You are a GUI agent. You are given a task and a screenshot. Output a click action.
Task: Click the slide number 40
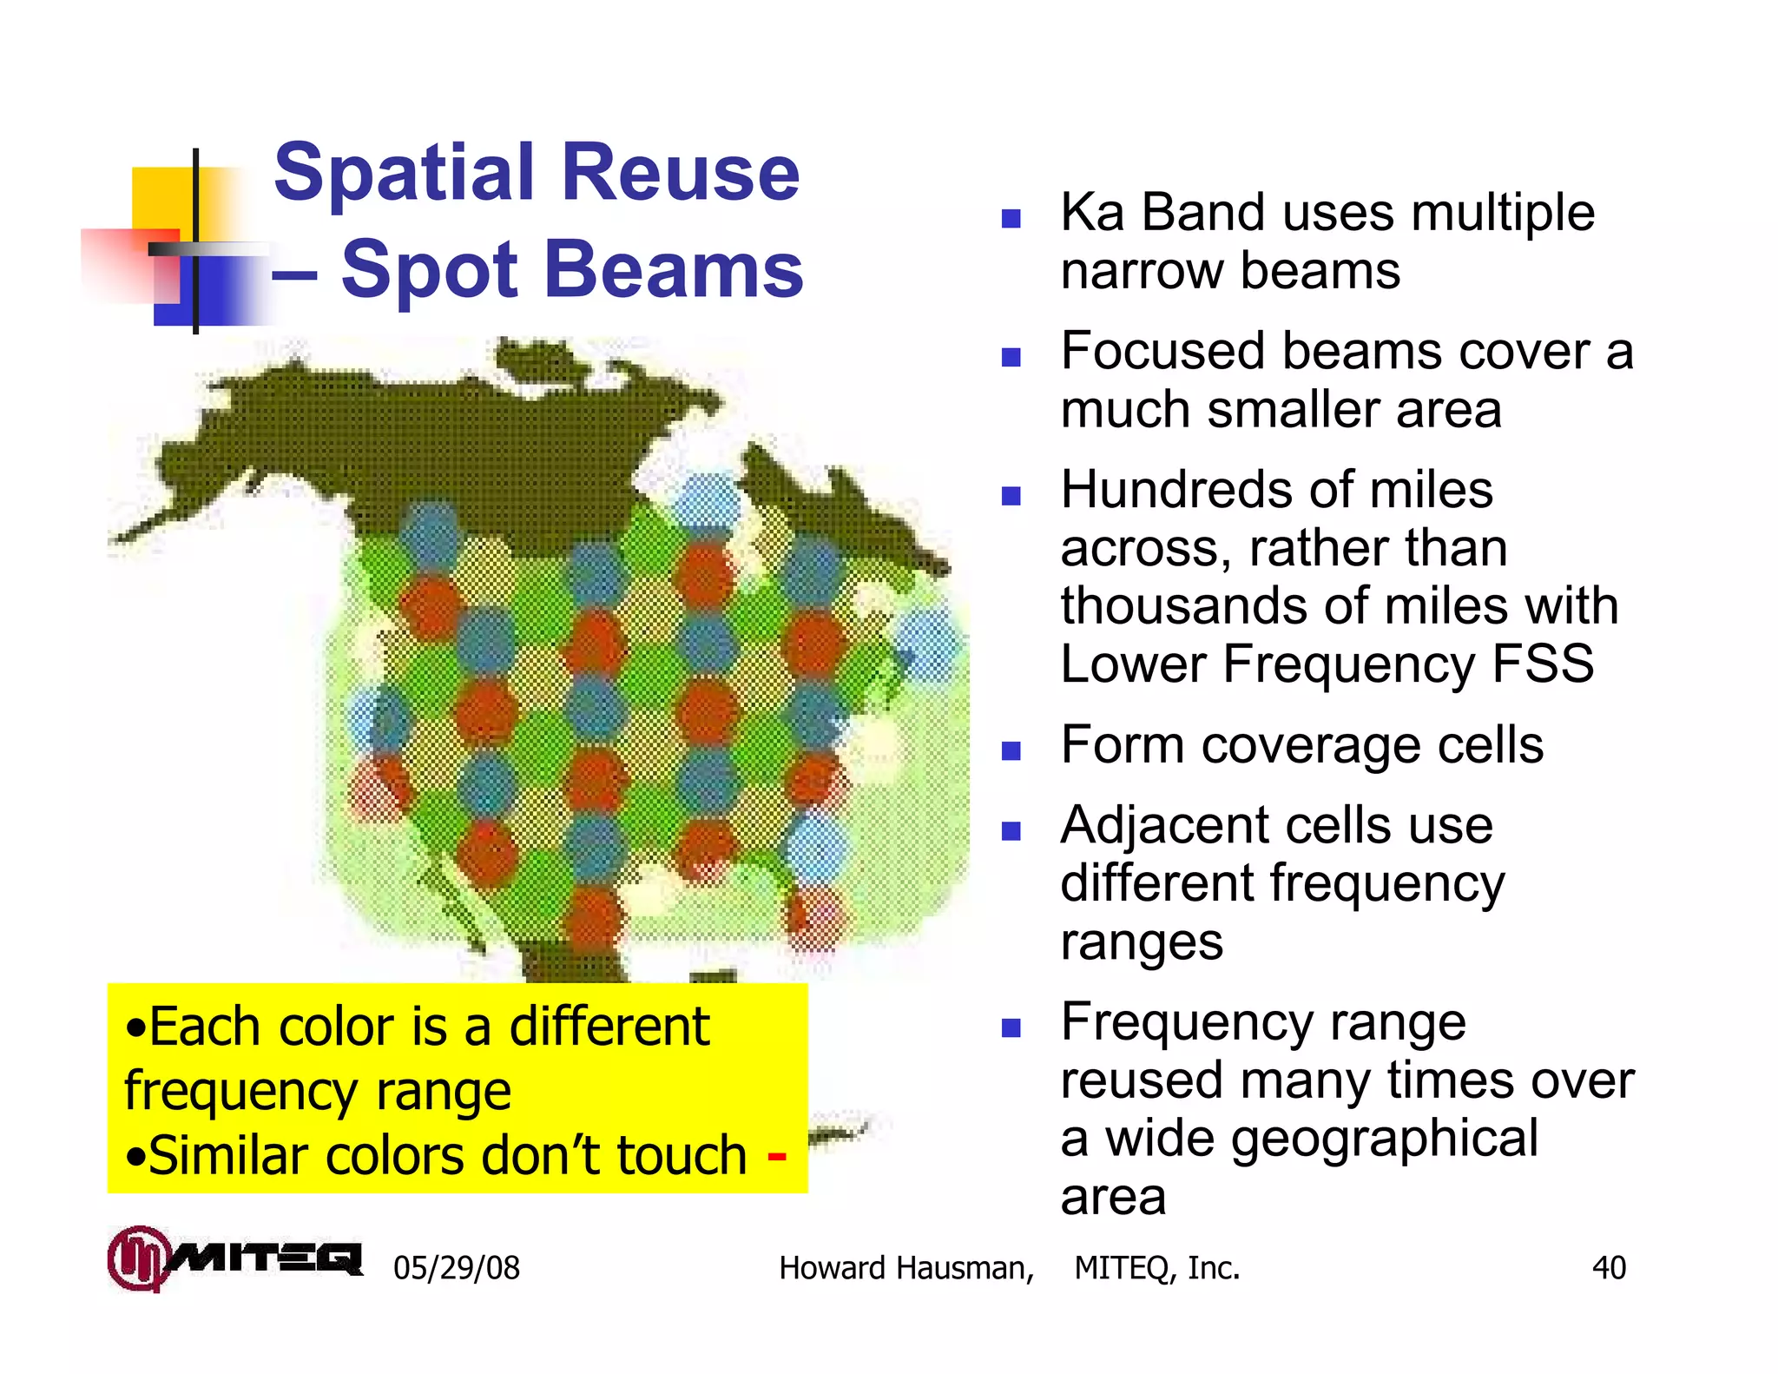[x=1608, y=1268]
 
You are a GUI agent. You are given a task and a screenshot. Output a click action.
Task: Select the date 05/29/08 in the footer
[x=456, y=1268]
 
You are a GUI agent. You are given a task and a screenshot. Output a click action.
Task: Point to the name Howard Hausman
[x=905, y=1268]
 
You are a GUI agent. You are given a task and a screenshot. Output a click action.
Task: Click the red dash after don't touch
[x=777, y=1157]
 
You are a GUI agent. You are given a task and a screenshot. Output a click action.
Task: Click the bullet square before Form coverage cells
[x=1011, y=750]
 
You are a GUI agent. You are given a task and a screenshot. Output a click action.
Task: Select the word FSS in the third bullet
[x=1542, y=664]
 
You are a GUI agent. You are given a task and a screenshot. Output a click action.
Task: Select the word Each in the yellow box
[x=204, y=1027]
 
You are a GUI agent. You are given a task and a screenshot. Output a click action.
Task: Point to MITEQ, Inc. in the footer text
[x=1156, y=1268]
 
